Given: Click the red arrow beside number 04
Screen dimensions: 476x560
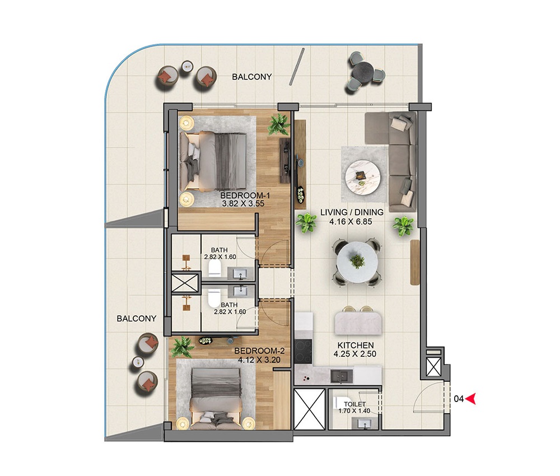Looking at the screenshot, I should [471, 399].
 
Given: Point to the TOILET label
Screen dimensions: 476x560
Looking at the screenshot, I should [355, 404].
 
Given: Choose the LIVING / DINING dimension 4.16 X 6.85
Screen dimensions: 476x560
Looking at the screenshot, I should [352, 221].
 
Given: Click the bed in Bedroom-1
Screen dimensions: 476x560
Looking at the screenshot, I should [215, 161].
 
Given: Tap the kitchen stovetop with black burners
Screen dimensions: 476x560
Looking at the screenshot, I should [304, 351].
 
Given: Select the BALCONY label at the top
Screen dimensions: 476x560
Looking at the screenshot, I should [251, 77].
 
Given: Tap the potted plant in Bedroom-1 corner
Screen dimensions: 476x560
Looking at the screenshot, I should [278, 124].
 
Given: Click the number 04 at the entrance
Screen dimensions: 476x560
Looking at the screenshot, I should [458, 399].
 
